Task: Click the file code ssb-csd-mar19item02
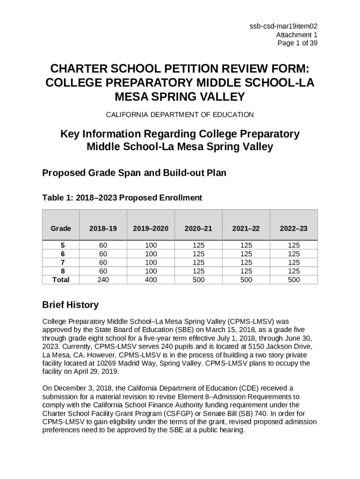coord(286,27)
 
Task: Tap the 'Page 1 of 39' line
coord(297,43)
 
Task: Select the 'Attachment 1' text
coord(296,35)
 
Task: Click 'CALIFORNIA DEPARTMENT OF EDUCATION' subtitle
coord(180,115)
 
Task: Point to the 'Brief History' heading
coord(70,305)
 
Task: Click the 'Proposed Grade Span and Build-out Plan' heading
coord(134,173)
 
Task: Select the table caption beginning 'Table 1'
coord(122,198)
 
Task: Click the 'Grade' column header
coord(61,228)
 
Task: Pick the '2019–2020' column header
coord(151,228)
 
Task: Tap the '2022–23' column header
coord(294,228)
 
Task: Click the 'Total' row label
coord(61,280)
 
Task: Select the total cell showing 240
coord(103,280)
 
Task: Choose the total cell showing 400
coord(151,280)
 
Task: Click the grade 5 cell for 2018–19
coord(103,245)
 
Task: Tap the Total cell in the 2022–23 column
coord(294,280)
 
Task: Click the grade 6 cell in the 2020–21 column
coord(198,254)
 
